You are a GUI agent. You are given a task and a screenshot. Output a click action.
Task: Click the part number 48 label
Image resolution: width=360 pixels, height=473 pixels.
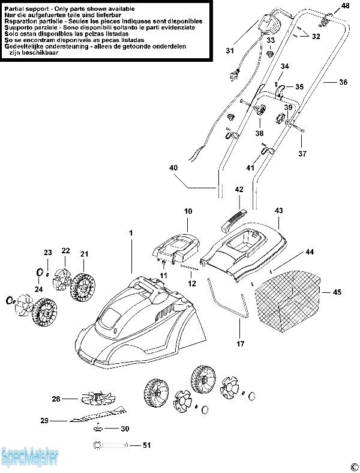(x=345, y=5)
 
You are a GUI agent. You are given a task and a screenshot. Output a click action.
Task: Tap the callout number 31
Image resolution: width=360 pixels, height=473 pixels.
(x=229, y=51)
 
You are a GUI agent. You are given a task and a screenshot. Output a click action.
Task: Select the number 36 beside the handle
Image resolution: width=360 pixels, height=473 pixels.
(x=343, y=82)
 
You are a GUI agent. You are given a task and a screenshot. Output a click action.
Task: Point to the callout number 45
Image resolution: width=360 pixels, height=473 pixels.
(x=337, y=292)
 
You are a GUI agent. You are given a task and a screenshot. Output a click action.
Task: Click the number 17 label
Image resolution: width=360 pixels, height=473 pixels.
(x=240, y=344)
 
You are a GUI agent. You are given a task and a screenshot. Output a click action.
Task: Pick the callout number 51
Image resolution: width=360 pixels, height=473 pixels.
(x=147, y=445)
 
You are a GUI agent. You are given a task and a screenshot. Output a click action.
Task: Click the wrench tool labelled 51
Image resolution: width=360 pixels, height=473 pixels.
(x=110, y=445)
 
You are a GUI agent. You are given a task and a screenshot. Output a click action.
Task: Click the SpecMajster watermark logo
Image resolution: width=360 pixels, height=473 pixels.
(x=29, y=458)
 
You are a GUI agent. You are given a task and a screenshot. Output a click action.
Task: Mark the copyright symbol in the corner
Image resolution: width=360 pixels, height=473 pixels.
(x=353, y=466)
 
